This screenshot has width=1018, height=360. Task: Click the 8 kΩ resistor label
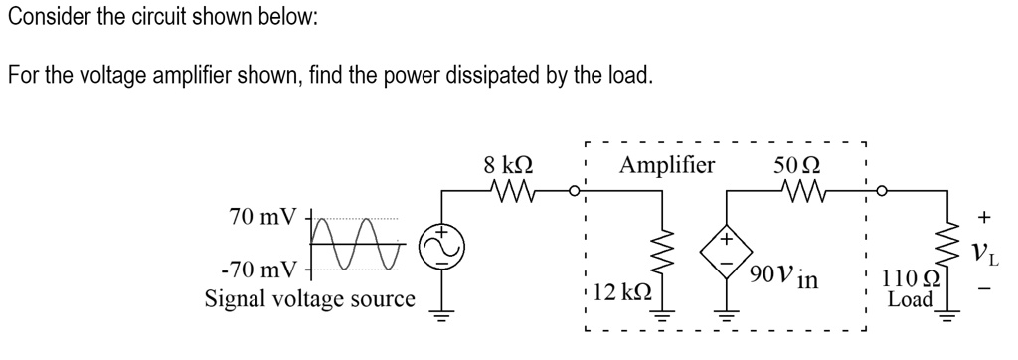(507, 164)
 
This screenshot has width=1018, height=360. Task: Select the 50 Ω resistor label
(797, 164)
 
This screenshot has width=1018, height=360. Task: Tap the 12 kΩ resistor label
(622, 293)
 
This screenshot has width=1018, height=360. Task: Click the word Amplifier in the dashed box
(666, 164)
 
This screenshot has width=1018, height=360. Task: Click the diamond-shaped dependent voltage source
(727, 252)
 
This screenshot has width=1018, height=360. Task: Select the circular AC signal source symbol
(440, 245)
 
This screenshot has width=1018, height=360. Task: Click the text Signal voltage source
(309, 298)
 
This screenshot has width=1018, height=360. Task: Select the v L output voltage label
(985, 253)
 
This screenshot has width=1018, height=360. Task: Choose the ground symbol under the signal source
(440, 316)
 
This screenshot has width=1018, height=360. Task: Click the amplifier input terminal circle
(575, 189)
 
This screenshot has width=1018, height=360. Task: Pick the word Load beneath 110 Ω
(910, 299)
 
